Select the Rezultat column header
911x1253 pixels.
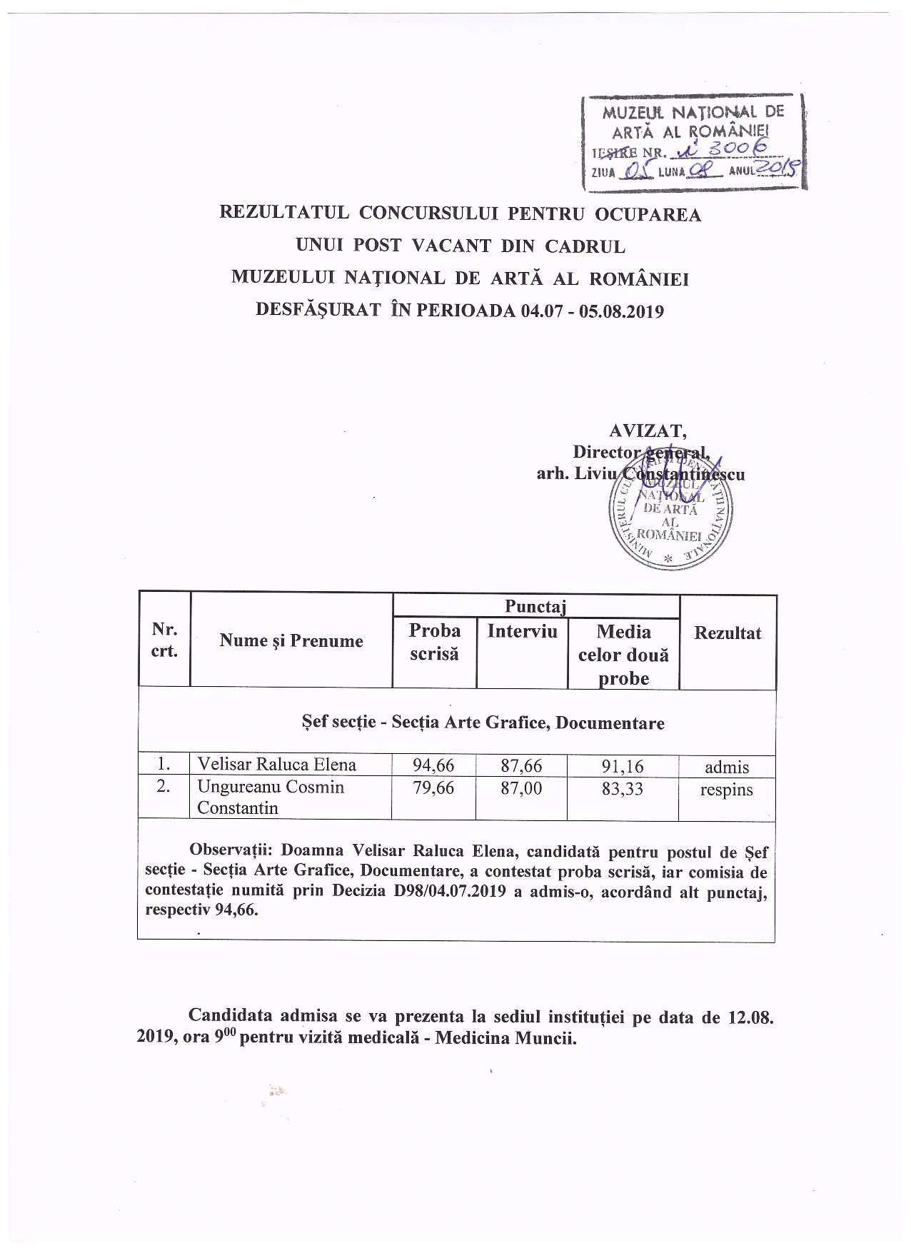tap(728, 633)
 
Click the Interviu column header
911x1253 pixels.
tap(522, 631)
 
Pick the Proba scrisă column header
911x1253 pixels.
tap(434, 642)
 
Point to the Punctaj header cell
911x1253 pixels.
tap(535, 606)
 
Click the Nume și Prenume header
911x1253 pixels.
tap(291, 640)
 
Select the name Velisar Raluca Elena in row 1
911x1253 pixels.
tap(276, 765)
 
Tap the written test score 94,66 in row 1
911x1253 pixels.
tap(433, 766)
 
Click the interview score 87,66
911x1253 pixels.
tap(521, 766)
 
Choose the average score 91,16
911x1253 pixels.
tap(623, 767)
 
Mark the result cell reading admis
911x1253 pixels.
tap(727, 768)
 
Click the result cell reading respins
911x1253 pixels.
tap(727, 790)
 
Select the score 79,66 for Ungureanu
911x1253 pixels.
tap(433, 788)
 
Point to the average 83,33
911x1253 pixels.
tap(623, 789)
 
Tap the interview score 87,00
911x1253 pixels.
tap(521, 788)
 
